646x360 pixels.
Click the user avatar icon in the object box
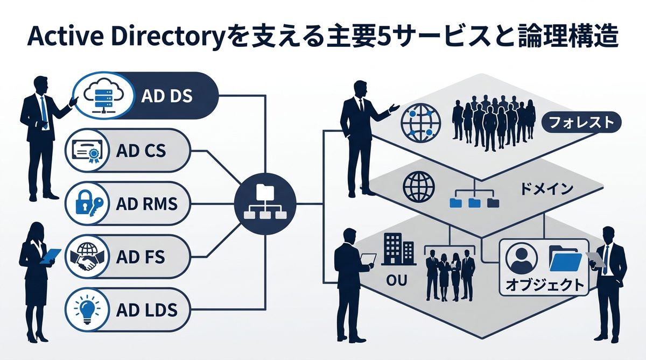tap(520, 258)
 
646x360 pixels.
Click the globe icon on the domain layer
tap(418, 186)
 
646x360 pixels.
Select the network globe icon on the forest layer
tap(420, 122)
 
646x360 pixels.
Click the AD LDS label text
tap(146, 310)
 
